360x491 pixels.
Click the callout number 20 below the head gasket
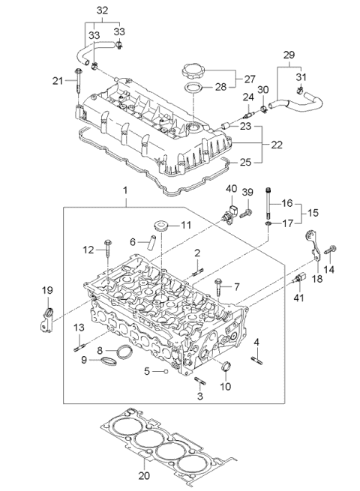[x=145, y=475]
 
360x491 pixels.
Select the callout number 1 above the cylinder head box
[x=126, y=191]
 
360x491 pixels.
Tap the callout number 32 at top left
[x=102, y=10]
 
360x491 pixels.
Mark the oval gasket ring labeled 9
[x=104, y=363]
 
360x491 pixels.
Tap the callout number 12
[x=88, y=249]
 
